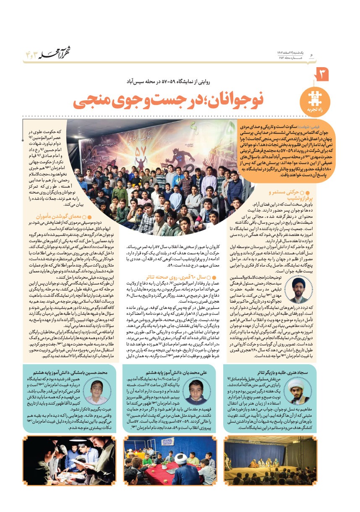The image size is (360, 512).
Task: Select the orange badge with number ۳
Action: click(x=323, y=75)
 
